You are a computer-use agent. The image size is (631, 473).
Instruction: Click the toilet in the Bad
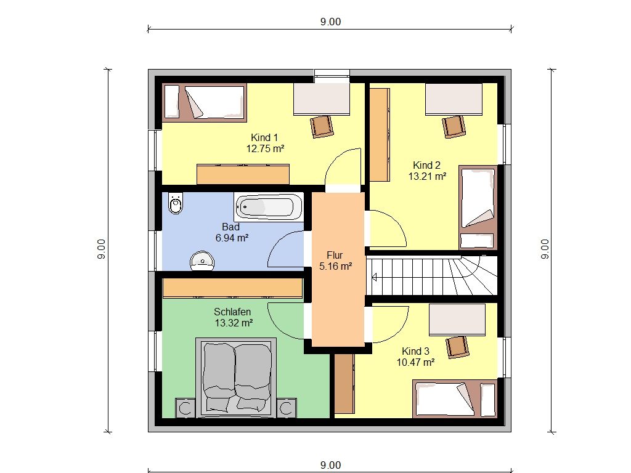coord(176,203)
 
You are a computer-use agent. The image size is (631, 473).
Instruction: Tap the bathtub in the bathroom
coord(269,206)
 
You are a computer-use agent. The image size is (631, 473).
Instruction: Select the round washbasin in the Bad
coord(202,261)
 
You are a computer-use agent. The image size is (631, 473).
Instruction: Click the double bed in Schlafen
coord(236,376)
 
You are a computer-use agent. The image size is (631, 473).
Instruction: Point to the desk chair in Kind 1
coord(322,127)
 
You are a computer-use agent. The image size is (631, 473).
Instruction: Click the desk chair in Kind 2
coord(454,127)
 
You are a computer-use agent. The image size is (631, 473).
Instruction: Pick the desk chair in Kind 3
coord(458,347)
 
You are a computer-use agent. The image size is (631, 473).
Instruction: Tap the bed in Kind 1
coord(204,103)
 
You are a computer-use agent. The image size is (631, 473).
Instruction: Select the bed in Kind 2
coord(478,208)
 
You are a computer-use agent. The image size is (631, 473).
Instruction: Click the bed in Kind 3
coord(455,399)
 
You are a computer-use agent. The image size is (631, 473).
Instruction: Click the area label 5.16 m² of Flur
coord(336,266)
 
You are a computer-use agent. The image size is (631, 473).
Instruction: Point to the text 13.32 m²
coord(234,323)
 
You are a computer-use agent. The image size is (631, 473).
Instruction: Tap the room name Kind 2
coord(426,165)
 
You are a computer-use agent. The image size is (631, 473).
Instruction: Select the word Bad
coord(230,227)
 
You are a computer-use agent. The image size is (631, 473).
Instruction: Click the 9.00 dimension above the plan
coord(330,22)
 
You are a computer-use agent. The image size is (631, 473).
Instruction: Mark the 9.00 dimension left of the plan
coord(102,249)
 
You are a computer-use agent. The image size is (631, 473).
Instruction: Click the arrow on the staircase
coord(375,277)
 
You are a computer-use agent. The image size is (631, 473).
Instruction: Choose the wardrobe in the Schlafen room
coord(232,288)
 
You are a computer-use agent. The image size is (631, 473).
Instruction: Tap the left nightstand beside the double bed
coord(185,408)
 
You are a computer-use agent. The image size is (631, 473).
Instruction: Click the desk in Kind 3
coord(457,320)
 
